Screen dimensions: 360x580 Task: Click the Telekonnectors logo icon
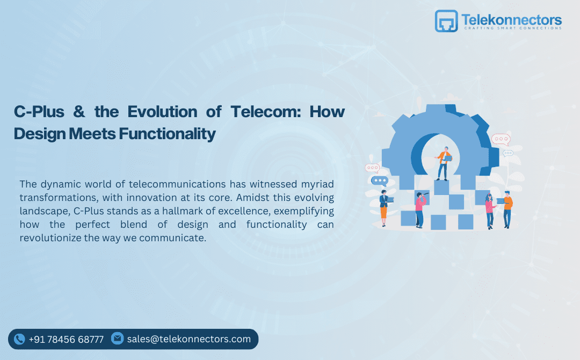pos(446,21)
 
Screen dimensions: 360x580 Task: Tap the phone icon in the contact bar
pos(20,339)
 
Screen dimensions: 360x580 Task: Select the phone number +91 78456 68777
pos(66,340)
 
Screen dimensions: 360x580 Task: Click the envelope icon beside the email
pos(117,339)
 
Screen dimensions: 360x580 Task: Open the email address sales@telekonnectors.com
pos(189,339)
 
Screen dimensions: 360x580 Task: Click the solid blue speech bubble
pos(380,181)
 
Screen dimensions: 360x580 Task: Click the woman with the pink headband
pos(490,210)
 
